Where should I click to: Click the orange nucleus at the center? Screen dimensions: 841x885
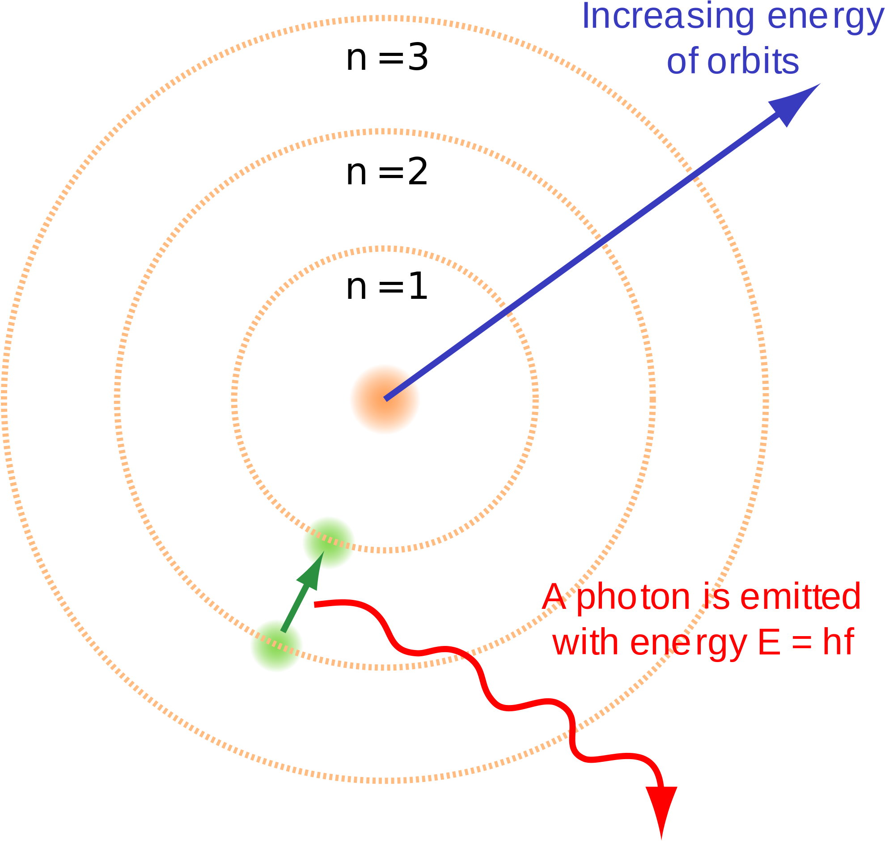[x=385, y=399]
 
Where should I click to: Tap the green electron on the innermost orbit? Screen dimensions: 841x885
[x=328, y=543]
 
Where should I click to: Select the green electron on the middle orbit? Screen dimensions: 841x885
[x=276, y=646]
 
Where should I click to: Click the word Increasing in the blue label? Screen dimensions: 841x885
[x=668, y=17]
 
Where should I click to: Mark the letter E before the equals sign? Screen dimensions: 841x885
[x=769, y=642]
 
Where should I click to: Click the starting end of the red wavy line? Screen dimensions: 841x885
[x=315, y=605]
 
